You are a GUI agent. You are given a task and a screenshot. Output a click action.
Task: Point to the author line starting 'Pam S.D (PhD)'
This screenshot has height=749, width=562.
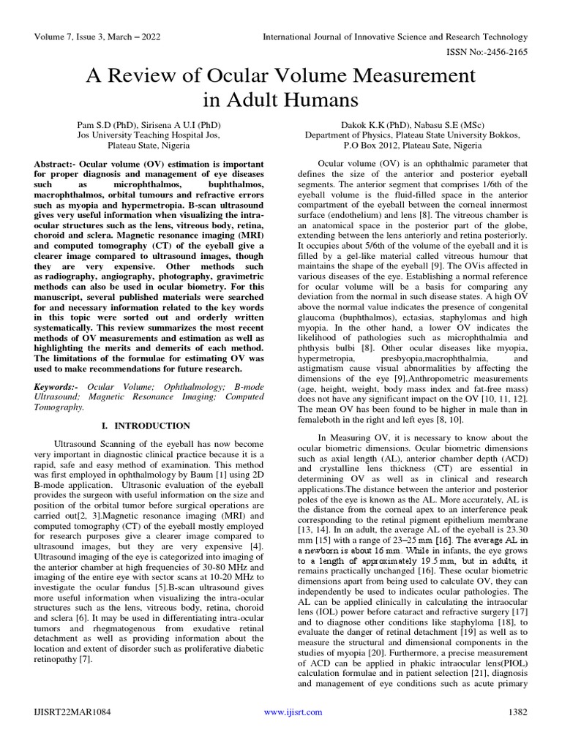[149, 125]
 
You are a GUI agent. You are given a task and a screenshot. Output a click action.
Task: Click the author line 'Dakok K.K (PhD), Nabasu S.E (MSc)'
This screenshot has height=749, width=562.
[413, 125]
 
